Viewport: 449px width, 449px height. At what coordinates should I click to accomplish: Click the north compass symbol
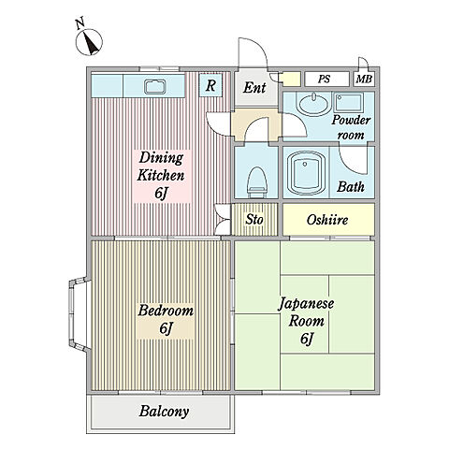(89, 42)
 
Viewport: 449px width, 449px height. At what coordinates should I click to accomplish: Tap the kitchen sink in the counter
(155, 86)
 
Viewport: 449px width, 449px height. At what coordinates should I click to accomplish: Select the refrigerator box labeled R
(210, 85)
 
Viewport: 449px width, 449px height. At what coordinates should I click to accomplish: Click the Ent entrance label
(254, 88)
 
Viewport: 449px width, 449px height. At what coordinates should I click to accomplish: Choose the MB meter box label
(364, 80)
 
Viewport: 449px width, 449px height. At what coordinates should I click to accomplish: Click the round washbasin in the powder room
(313, 104)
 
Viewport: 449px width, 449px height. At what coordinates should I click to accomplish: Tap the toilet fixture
(257, 182)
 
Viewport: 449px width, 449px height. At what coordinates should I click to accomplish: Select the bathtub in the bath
(306, 173)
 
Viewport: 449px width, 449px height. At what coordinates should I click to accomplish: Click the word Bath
(351, 187)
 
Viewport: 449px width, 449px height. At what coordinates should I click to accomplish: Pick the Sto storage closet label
(254, 219)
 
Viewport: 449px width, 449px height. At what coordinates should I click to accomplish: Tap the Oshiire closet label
(327, 220)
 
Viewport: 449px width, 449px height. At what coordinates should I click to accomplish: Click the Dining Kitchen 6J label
(161, 176)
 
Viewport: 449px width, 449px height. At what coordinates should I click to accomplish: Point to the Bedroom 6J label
(166, 319)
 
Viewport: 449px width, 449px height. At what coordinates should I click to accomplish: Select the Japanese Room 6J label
(306, 321)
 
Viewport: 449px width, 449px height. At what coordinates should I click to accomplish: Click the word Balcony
(164, 412)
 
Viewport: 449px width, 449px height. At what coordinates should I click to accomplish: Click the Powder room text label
(351, 128)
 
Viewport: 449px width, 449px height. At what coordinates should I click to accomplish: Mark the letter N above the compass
(80, 24)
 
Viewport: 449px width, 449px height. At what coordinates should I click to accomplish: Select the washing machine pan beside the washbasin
(348, 103)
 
